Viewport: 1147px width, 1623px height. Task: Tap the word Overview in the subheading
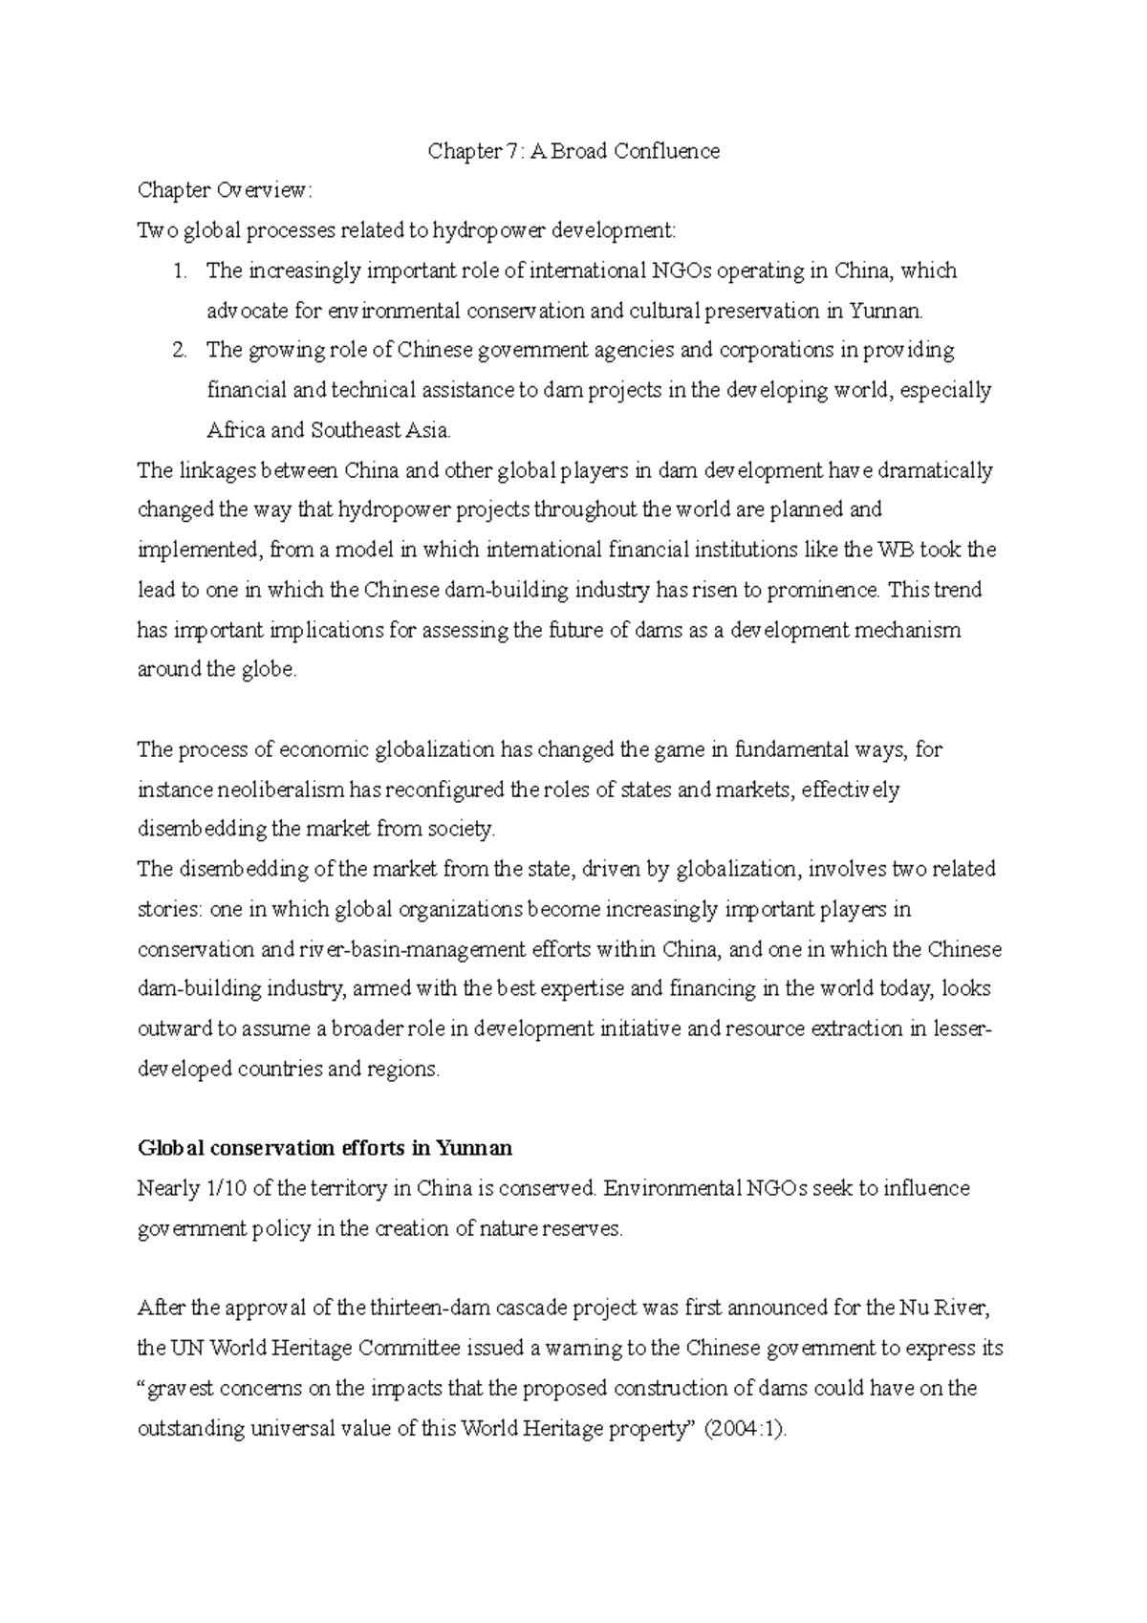[x=261, y=191]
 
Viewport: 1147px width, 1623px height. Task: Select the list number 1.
[x=179, y=271]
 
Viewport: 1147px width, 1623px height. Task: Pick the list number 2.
[x=179, y=351]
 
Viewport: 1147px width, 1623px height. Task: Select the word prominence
[x=823, y=590]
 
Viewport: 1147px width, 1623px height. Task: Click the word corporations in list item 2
[x=776, y=351]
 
